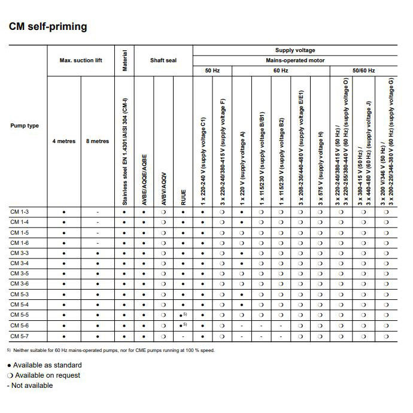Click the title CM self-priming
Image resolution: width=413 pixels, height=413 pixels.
[48, 26]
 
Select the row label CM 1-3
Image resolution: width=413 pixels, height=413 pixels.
[20, 212]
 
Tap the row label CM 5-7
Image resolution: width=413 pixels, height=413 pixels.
[20, 336]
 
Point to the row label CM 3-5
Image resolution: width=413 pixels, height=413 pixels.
[20, 274]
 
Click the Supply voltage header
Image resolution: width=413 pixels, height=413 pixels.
[294, 50]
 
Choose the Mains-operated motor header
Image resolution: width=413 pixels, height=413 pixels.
[294, 60]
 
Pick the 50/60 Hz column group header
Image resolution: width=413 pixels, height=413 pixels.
[363, 71]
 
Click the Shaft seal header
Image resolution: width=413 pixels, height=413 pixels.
[163, 60]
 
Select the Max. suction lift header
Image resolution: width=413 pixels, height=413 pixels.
[81, 60]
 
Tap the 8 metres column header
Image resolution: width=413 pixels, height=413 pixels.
[98, 141]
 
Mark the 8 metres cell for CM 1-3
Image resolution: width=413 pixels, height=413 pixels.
[98, 212]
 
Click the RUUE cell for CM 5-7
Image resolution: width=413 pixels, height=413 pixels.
[183, 336]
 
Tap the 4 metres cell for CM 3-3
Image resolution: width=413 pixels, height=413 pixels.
[64, 253]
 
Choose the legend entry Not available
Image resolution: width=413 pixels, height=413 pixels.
[32, 385]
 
